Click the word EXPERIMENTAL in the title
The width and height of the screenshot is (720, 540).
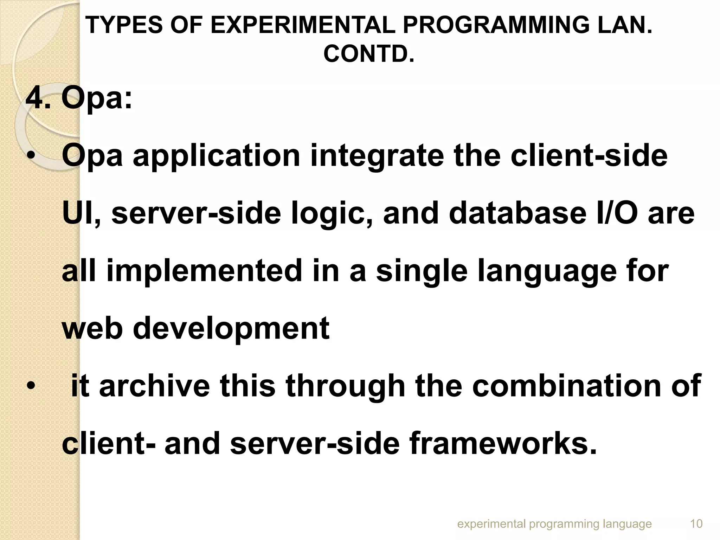click(303, 25)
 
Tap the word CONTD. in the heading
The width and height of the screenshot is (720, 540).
click(369, 54)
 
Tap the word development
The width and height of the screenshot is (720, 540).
click(231, 329)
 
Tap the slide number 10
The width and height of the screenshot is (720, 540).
click(696, 524)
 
